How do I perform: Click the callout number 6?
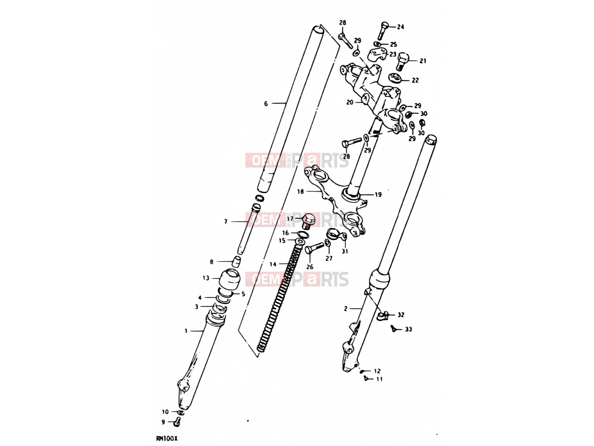pyautogui.click(x=266, y=103)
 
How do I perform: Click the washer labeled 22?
pyautogui.click(x=395, y=77)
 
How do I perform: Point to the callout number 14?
pyautogui.click(x=273, y=264)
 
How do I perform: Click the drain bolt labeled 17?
pyautogui.click(x=308, y=221)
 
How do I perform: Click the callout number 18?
pyautogui.click(x=300, y=192)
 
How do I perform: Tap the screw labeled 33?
pyautogui.click(x=394, y=329)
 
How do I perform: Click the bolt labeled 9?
pyautogui.click(x=177, y=421)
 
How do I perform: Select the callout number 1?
pyautogui.click(x=186, y=331)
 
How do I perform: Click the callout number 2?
pyautogui.click(x=346, y=309)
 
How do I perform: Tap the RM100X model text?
pyautogui.click(x=166, y=439)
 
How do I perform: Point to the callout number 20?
pyautogui.click(x=350, y=102)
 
